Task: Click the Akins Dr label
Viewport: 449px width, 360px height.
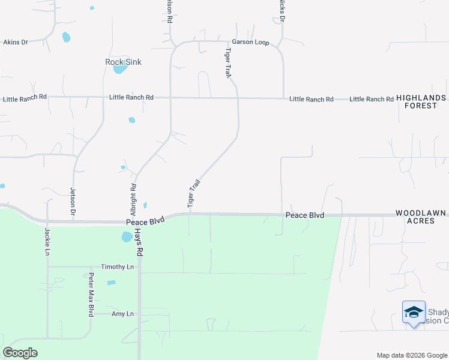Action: click(x=16, y=43)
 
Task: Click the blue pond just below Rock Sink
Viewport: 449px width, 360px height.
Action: click(x=120, y=68)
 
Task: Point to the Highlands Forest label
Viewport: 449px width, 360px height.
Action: click(x=420, y=101)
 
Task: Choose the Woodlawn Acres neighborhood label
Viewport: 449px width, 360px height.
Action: click(x=421, y=217)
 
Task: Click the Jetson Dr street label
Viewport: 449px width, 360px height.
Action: click(x=73, y=201)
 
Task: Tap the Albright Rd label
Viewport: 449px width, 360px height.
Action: click(x=133, y=200)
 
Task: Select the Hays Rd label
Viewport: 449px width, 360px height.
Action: click(x=139, y=243)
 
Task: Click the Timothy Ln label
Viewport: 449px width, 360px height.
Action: click(x=117, y=266)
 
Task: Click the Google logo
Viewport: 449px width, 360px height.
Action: click(x=20, y=353)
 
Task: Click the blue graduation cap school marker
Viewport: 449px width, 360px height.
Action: click(x=414, y=313)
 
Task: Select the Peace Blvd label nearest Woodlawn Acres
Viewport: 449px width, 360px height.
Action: click(x=304, y=215)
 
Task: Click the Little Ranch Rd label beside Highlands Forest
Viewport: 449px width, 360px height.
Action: click(x=372, y=98)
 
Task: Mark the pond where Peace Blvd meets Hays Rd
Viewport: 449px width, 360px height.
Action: click(x=127, y=237)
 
